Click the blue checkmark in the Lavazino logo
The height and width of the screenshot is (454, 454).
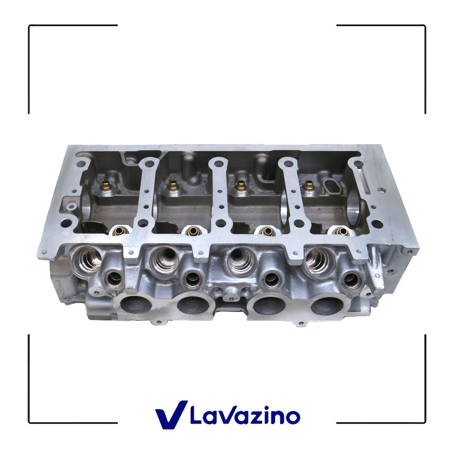(171, 414)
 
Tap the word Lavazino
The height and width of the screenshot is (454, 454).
(245, 416)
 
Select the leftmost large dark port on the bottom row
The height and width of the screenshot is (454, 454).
(135, 306)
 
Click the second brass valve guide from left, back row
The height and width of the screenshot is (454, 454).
(173, 185)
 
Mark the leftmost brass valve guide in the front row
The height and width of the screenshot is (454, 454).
(119, 231)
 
